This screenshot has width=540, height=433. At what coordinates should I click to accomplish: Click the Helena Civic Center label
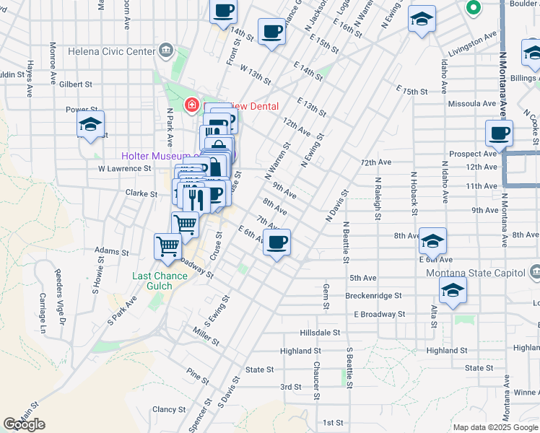(111, 51)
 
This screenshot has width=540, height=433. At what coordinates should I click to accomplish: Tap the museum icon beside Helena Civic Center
(166, 51)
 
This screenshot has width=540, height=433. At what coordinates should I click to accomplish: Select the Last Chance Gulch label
(152, 281)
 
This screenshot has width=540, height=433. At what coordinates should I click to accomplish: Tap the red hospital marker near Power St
(191, 106)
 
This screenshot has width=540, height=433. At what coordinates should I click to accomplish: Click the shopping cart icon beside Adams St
(167, 247)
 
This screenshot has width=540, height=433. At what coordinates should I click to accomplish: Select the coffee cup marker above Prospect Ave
(500, 133)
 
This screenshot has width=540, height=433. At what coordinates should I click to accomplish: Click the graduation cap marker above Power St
(91, 124)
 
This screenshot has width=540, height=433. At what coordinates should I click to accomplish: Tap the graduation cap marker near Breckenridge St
(453, 291)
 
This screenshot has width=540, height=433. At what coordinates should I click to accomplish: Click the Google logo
(24, 424)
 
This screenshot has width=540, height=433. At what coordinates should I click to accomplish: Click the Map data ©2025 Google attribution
(495, 427)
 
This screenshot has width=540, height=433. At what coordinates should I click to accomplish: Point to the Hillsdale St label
(320, 333)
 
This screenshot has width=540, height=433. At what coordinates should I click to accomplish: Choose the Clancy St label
(170, 409)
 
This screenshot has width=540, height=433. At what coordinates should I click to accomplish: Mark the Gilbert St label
(76, 84)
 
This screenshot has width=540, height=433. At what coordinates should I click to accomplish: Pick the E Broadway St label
(379, 314)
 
